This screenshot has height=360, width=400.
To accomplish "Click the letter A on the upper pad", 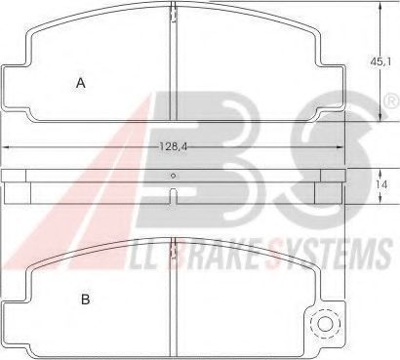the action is coord(81,83).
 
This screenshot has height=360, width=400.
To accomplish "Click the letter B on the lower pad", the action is coord(85,299).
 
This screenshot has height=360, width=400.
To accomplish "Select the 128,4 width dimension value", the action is coord(174,147).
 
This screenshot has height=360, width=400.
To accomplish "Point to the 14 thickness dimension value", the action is coord(381,184).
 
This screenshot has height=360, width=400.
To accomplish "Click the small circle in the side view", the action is coord(174,176).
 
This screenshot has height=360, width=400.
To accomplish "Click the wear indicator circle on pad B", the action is coord(325,324).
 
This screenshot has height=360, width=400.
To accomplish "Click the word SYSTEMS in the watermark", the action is coord(329,253).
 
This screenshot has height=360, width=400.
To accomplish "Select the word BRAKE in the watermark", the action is coord(215,254).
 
